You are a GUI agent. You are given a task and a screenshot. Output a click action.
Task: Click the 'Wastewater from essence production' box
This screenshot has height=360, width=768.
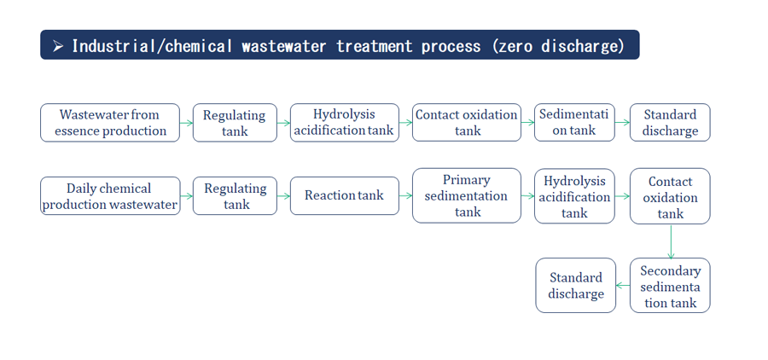pos(110,123)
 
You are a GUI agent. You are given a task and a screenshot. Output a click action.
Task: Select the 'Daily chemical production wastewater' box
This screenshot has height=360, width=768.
pos(110,196)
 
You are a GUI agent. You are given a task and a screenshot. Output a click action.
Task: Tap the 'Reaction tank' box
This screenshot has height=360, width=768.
pos(345,196)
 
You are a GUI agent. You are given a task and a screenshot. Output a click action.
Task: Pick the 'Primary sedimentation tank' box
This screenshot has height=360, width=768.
pos(466,196)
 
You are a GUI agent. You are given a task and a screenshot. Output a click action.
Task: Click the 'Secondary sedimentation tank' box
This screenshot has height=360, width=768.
pos(670,286)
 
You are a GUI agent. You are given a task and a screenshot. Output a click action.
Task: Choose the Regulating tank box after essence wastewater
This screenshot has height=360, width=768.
pos(235,123)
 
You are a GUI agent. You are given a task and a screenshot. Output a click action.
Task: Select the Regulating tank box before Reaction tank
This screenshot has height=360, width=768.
pos(235,196)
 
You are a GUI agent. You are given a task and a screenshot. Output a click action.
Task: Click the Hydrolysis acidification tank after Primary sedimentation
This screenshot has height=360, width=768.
pos(574,196)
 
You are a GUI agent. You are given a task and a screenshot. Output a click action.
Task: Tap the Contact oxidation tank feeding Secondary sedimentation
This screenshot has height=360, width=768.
pos(670,196)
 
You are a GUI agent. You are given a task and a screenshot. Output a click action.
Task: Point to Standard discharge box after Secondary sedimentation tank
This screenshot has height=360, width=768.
pos(575,286)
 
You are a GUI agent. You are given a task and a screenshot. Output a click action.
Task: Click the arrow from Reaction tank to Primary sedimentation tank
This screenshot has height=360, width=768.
pos(405,196)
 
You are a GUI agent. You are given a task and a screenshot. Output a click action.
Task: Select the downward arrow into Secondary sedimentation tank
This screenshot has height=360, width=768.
pos(671,241)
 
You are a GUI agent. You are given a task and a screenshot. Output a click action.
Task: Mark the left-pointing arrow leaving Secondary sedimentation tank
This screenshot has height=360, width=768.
pos(623,286)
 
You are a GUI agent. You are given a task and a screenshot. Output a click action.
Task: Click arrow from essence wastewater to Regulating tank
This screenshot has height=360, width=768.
pos(186,123)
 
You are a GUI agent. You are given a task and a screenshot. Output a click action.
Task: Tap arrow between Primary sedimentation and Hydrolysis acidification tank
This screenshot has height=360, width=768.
pos(527,196)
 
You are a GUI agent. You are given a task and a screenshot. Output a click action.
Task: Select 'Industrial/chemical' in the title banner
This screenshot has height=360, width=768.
pos(152,46)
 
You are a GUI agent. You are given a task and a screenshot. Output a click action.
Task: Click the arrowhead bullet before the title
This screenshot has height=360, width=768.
pos(58,46)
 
